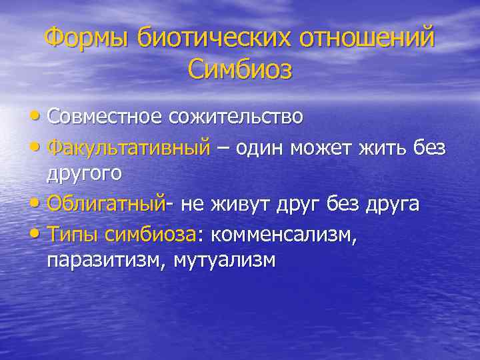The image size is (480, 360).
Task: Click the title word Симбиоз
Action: (240, 69)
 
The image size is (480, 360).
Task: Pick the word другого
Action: (84, 174)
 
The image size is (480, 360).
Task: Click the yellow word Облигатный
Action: (105, 203)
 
